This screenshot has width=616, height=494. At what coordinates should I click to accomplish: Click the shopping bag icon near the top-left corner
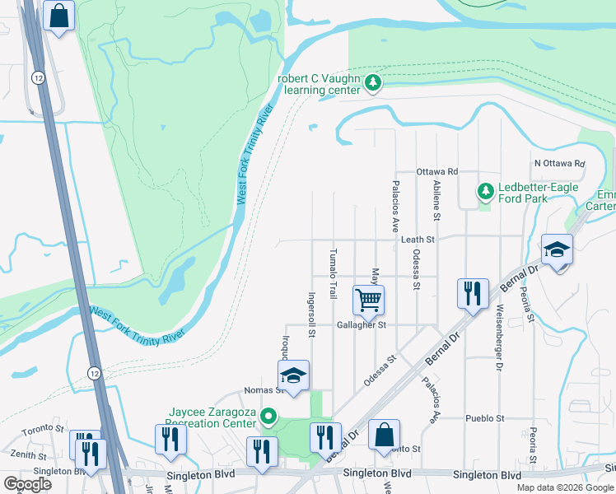coord(59,16)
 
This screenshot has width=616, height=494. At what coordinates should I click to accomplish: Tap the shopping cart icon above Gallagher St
coord(368,300)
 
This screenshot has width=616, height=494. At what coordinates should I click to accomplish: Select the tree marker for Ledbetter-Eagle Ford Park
coord(486,192)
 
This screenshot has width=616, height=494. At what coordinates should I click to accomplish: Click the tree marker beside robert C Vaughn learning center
coord(373,82)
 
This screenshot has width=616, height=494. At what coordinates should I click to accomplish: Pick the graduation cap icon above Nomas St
coord(292,375)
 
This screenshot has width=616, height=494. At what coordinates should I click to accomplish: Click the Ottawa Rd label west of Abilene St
coord(436,171)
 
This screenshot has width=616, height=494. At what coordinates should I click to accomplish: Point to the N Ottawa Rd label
coord(558,163)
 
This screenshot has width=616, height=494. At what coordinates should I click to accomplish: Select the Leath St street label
coord(418,239)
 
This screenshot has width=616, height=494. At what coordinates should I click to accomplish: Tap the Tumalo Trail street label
coord(334,273)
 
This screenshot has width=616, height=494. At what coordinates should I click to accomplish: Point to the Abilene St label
coord(436,199)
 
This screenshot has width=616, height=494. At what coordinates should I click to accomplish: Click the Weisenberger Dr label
coord(499,338)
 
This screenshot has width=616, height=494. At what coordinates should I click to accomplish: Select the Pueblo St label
coord(484,418)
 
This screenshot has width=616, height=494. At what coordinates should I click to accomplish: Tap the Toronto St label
coord(43,428)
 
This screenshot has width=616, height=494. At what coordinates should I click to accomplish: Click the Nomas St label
coord(264,390)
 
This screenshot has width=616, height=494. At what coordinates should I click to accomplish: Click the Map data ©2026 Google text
coord(564,487)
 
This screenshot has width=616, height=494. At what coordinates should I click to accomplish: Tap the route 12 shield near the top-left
coord(39,77)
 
